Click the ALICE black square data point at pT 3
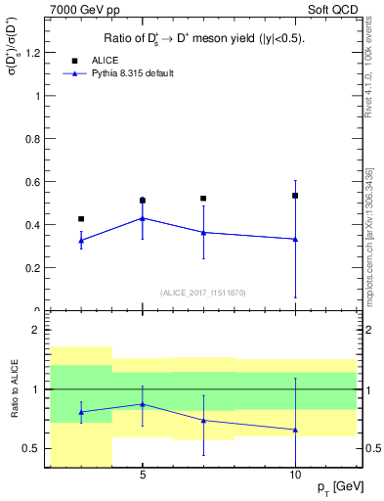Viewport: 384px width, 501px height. click(81, 219)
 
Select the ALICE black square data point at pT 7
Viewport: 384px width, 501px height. click(203, 199)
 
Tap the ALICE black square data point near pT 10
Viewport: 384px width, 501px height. click(295, 196)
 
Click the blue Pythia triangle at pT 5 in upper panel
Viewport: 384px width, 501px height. click(143, 218)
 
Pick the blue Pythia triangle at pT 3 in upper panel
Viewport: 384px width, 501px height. click(81, 240)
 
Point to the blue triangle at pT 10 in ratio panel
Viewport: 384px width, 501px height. click(295, 430)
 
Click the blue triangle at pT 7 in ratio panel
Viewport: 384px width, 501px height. click(203, 421)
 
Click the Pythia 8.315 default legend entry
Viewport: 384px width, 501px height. click(117, 73)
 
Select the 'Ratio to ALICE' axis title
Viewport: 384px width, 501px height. click(13, 389)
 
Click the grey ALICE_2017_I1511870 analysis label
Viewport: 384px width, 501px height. click(202, 293)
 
